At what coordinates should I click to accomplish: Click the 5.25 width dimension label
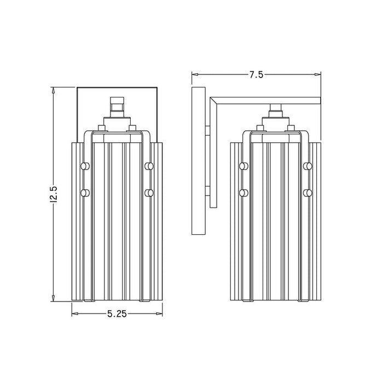coord(117,314)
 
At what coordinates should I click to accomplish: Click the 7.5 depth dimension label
coord(256,76)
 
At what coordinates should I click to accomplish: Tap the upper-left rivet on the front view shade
coord(84,166)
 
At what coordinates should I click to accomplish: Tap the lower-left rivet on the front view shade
coord(84,193)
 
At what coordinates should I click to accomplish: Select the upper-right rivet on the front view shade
coord(148,166)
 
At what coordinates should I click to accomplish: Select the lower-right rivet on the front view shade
coord(148,193)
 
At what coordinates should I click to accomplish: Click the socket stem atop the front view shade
coord(116,107)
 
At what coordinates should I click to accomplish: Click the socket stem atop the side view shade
coord(276,109)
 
